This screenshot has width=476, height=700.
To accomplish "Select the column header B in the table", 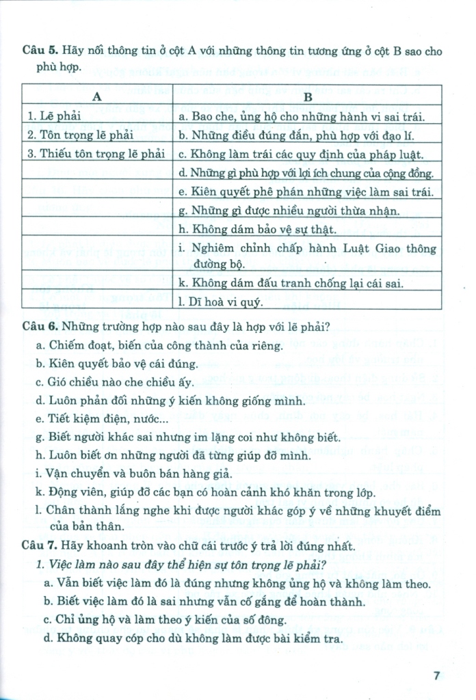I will click(307, 97).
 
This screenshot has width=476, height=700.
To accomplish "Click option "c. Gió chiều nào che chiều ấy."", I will click(116, 382).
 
